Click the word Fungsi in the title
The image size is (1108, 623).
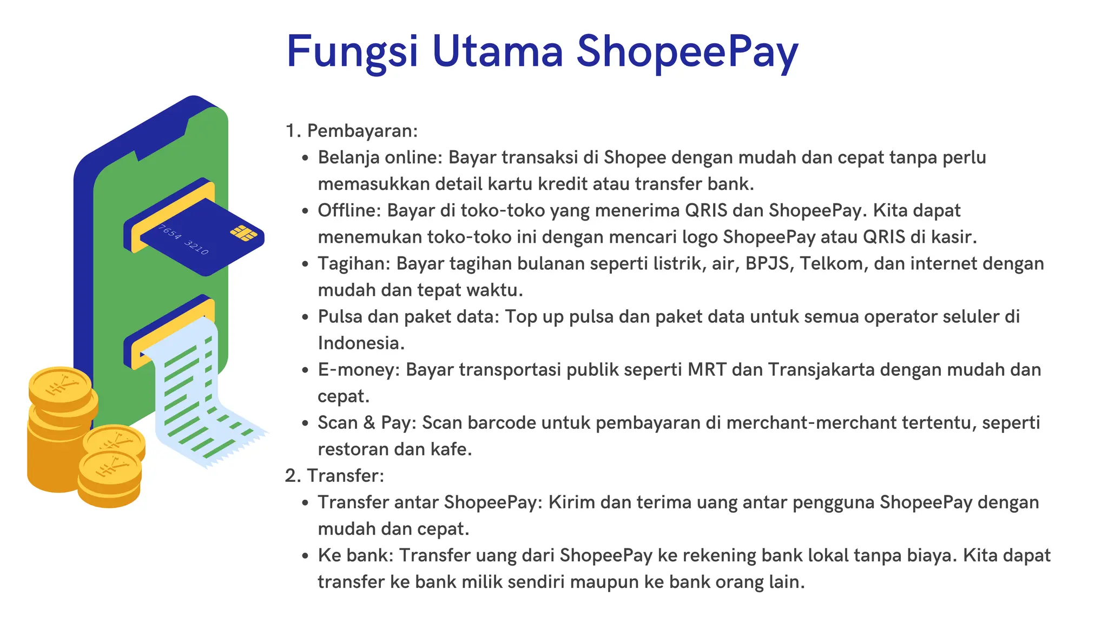(352, 52)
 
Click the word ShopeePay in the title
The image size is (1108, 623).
(687, 52)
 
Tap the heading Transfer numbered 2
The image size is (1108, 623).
(345, 475)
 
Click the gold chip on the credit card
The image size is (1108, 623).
(243, 233)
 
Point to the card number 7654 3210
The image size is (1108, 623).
(183, 240)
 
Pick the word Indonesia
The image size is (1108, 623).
(360, 343)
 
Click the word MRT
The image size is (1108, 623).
(707, 369)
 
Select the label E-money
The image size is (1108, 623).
(359, 369)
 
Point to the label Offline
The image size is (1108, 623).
(349, 210)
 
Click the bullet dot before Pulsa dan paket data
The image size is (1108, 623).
(306, 317)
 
